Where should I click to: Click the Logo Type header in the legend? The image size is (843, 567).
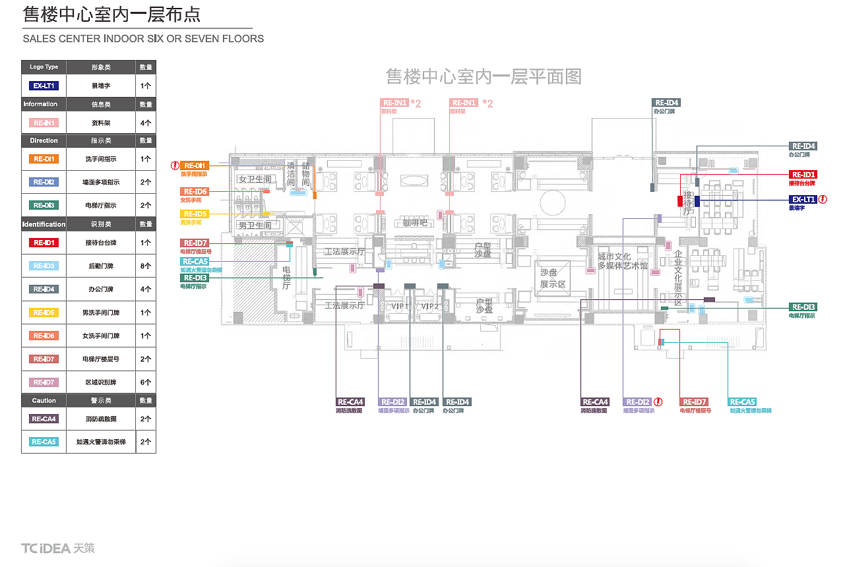[x=44, y=67]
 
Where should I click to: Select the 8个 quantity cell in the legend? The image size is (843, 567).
[x=146, y=266]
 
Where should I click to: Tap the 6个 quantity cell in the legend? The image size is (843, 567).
[x=146, y=382]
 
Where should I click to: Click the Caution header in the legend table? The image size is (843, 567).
[x=44, y=401]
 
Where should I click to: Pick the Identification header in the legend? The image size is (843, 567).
[x=44, y=224]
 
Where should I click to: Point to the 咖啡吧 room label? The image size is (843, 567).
[x=416, y=223]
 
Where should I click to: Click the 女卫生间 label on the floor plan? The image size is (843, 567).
[x=255, y=179]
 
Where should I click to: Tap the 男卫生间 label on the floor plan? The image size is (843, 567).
[x=255, y=225]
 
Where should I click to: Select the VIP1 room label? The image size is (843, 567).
[x=400, y=307]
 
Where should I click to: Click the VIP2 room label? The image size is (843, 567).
[x=430, y=307]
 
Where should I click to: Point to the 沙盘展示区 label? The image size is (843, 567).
[x=553, y=278]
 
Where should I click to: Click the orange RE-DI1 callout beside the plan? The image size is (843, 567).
[x=195, y=165]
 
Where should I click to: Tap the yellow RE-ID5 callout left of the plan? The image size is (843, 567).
[x=195, y=214]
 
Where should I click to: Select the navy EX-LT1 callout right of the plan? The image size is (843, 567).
[x=803, y=199]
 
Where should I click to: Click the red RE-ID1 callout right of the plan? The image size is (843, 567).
[x=803, y=175]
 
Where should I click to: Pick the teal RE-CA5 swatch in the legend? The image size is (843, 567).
[x=44, y=442]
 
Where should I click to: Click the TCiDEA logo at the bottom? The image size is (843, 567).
[x=58, y=548]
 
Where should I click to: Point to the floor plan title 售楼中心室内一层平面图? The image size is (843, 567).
[x=484, y=77]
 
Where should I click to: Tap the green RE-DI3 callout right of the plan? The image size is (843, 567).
[x=803, y=307]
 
